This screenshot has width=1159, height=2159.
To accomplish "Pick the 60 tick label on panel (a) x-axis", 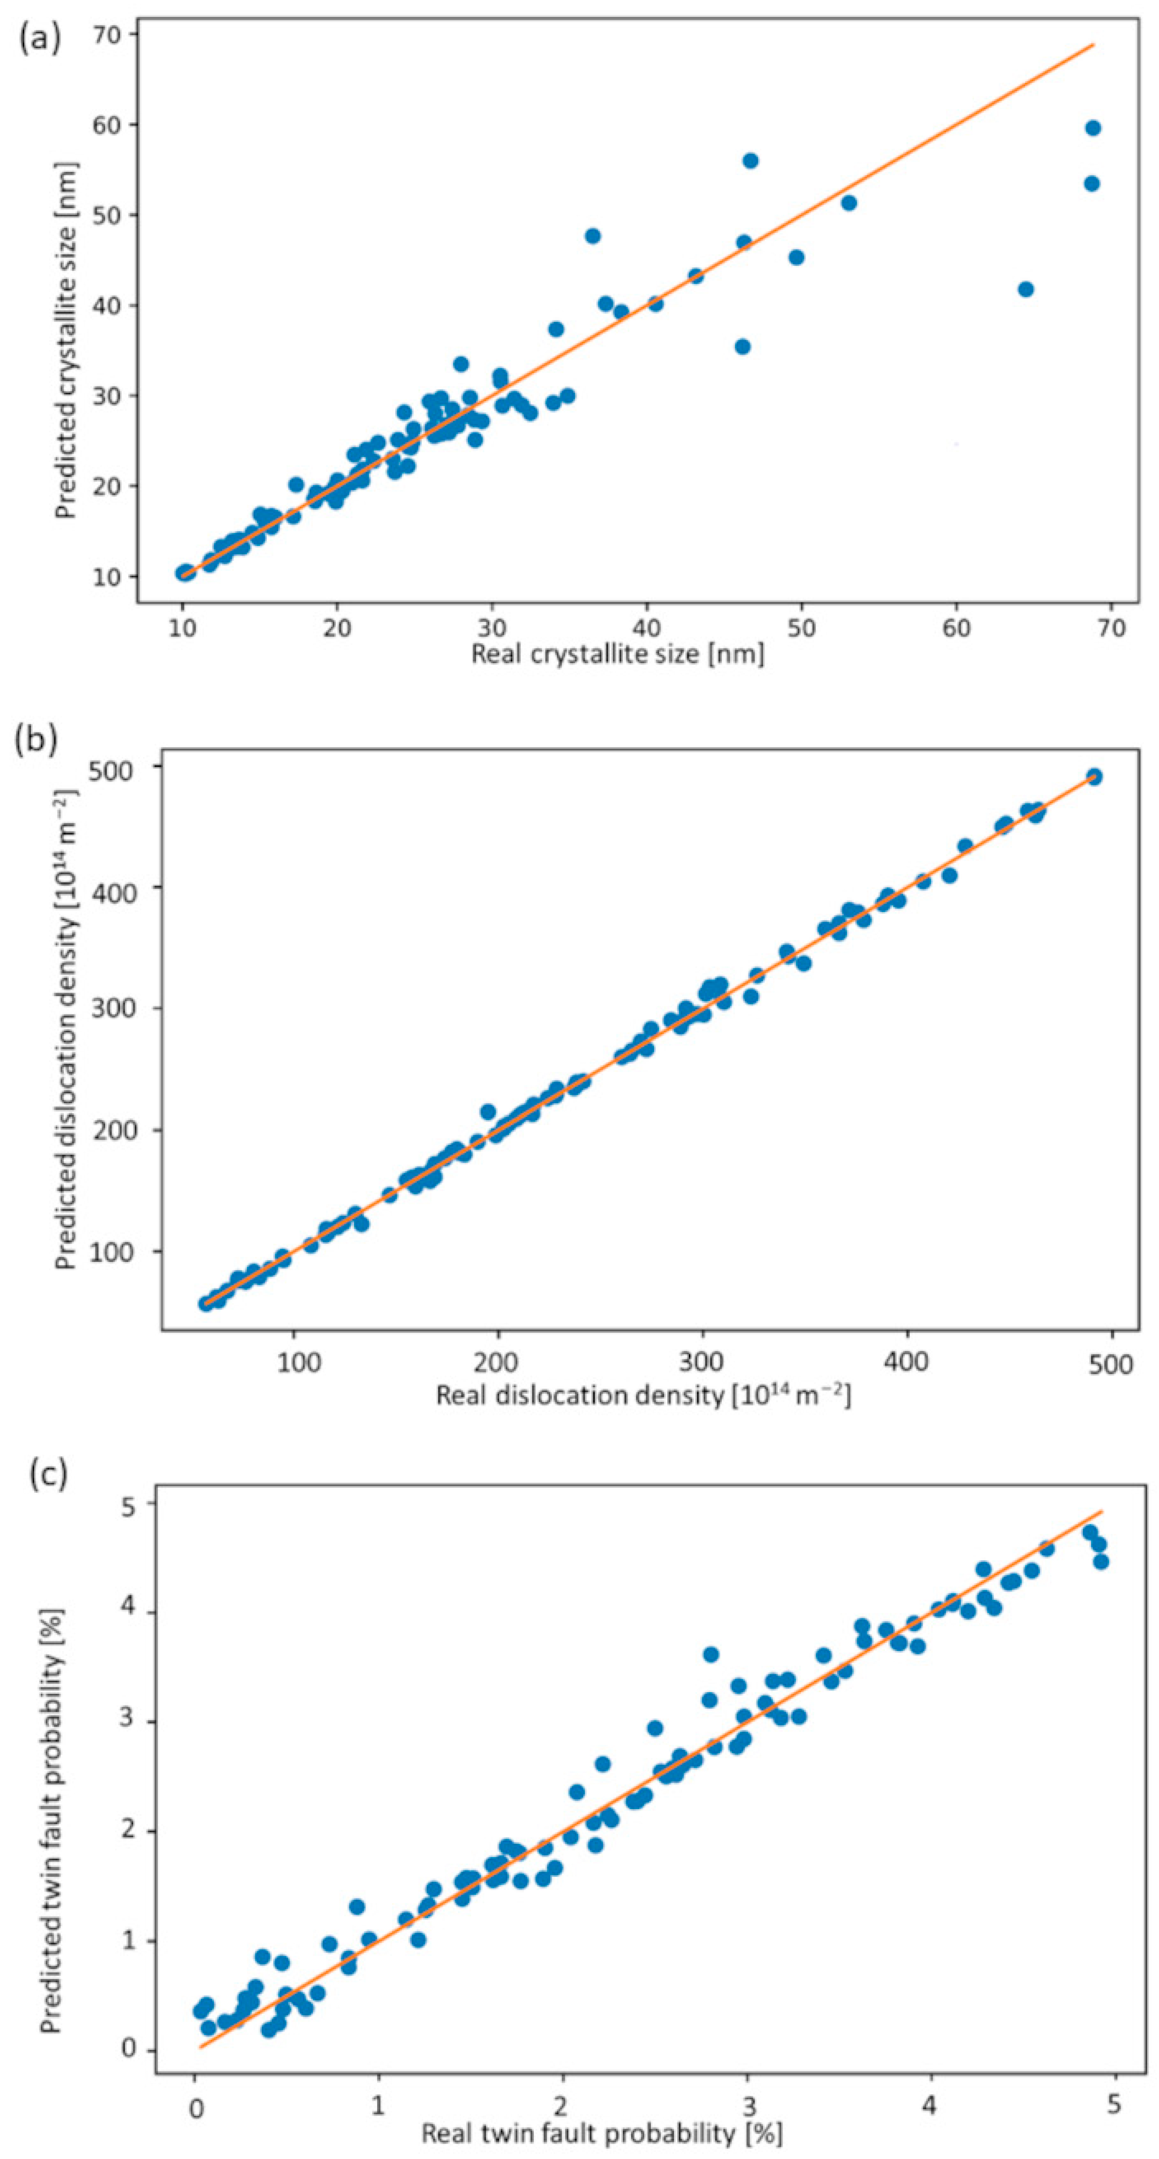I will (x=956, y=628).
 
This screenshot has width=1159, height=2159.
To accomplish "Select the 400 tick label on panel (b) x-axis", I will (x=907, y=1362).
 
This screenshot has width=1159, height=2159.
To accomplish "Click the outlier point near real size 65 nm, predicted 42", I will (x=1025, y=289).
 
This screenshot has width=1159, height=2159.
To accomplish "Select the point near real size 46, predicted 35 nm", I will (x=742, y=346).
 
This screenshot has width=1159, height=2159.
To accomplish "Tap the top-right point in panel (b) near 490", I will (x=1093, y=776).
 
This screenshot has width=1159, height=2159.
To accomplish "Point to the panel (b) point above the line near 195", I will (x=488, y=1111).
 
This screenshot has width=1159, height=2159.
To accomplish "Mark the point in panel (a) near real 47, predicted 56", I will (x=750, y=160).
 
